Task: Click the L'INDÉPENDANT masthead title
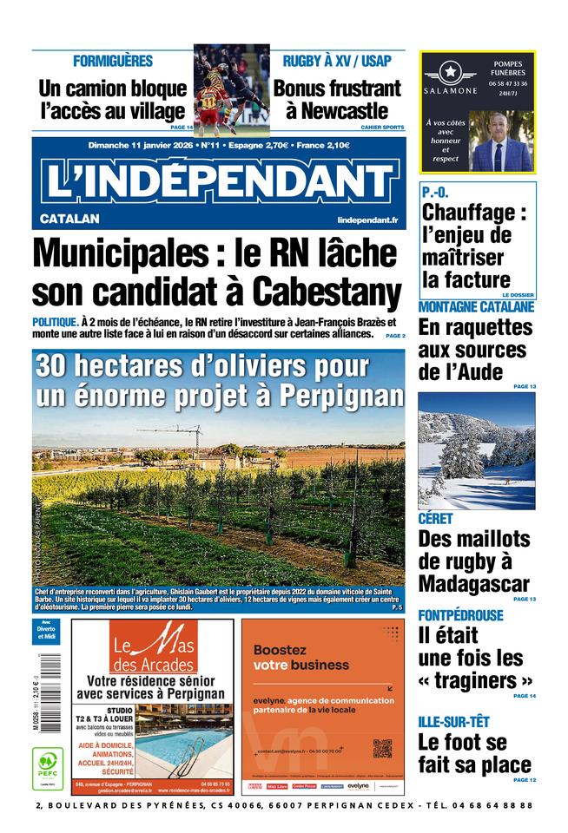[218, 181]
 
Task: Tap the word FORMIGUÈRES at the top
[113, 62]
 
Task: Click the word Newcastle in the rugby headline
[345, 111]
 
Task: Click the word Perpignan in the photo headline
[341, 396]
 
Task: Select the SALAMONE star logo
[450, 72]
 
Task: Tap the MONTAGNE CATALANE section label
[476, 307]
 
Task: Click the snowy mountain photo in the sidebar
[476, 450]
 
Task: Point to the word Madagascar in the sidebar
[473, 583]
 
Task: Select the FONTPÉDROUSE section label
[460, 615]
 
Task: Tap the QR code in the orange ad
[382, 748]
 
